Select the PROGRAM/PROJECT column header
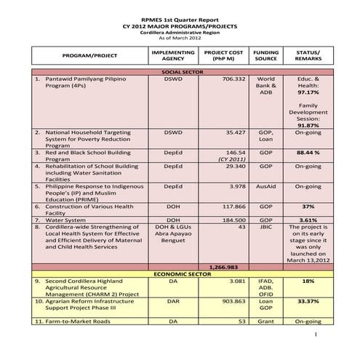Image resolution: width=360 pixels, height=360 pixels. (90, 55)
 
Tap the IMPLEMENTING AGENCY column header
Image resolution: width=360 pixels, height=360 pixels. (172, 56)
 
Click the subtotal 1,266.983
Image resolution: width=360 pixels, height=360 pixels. (223, 266)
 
